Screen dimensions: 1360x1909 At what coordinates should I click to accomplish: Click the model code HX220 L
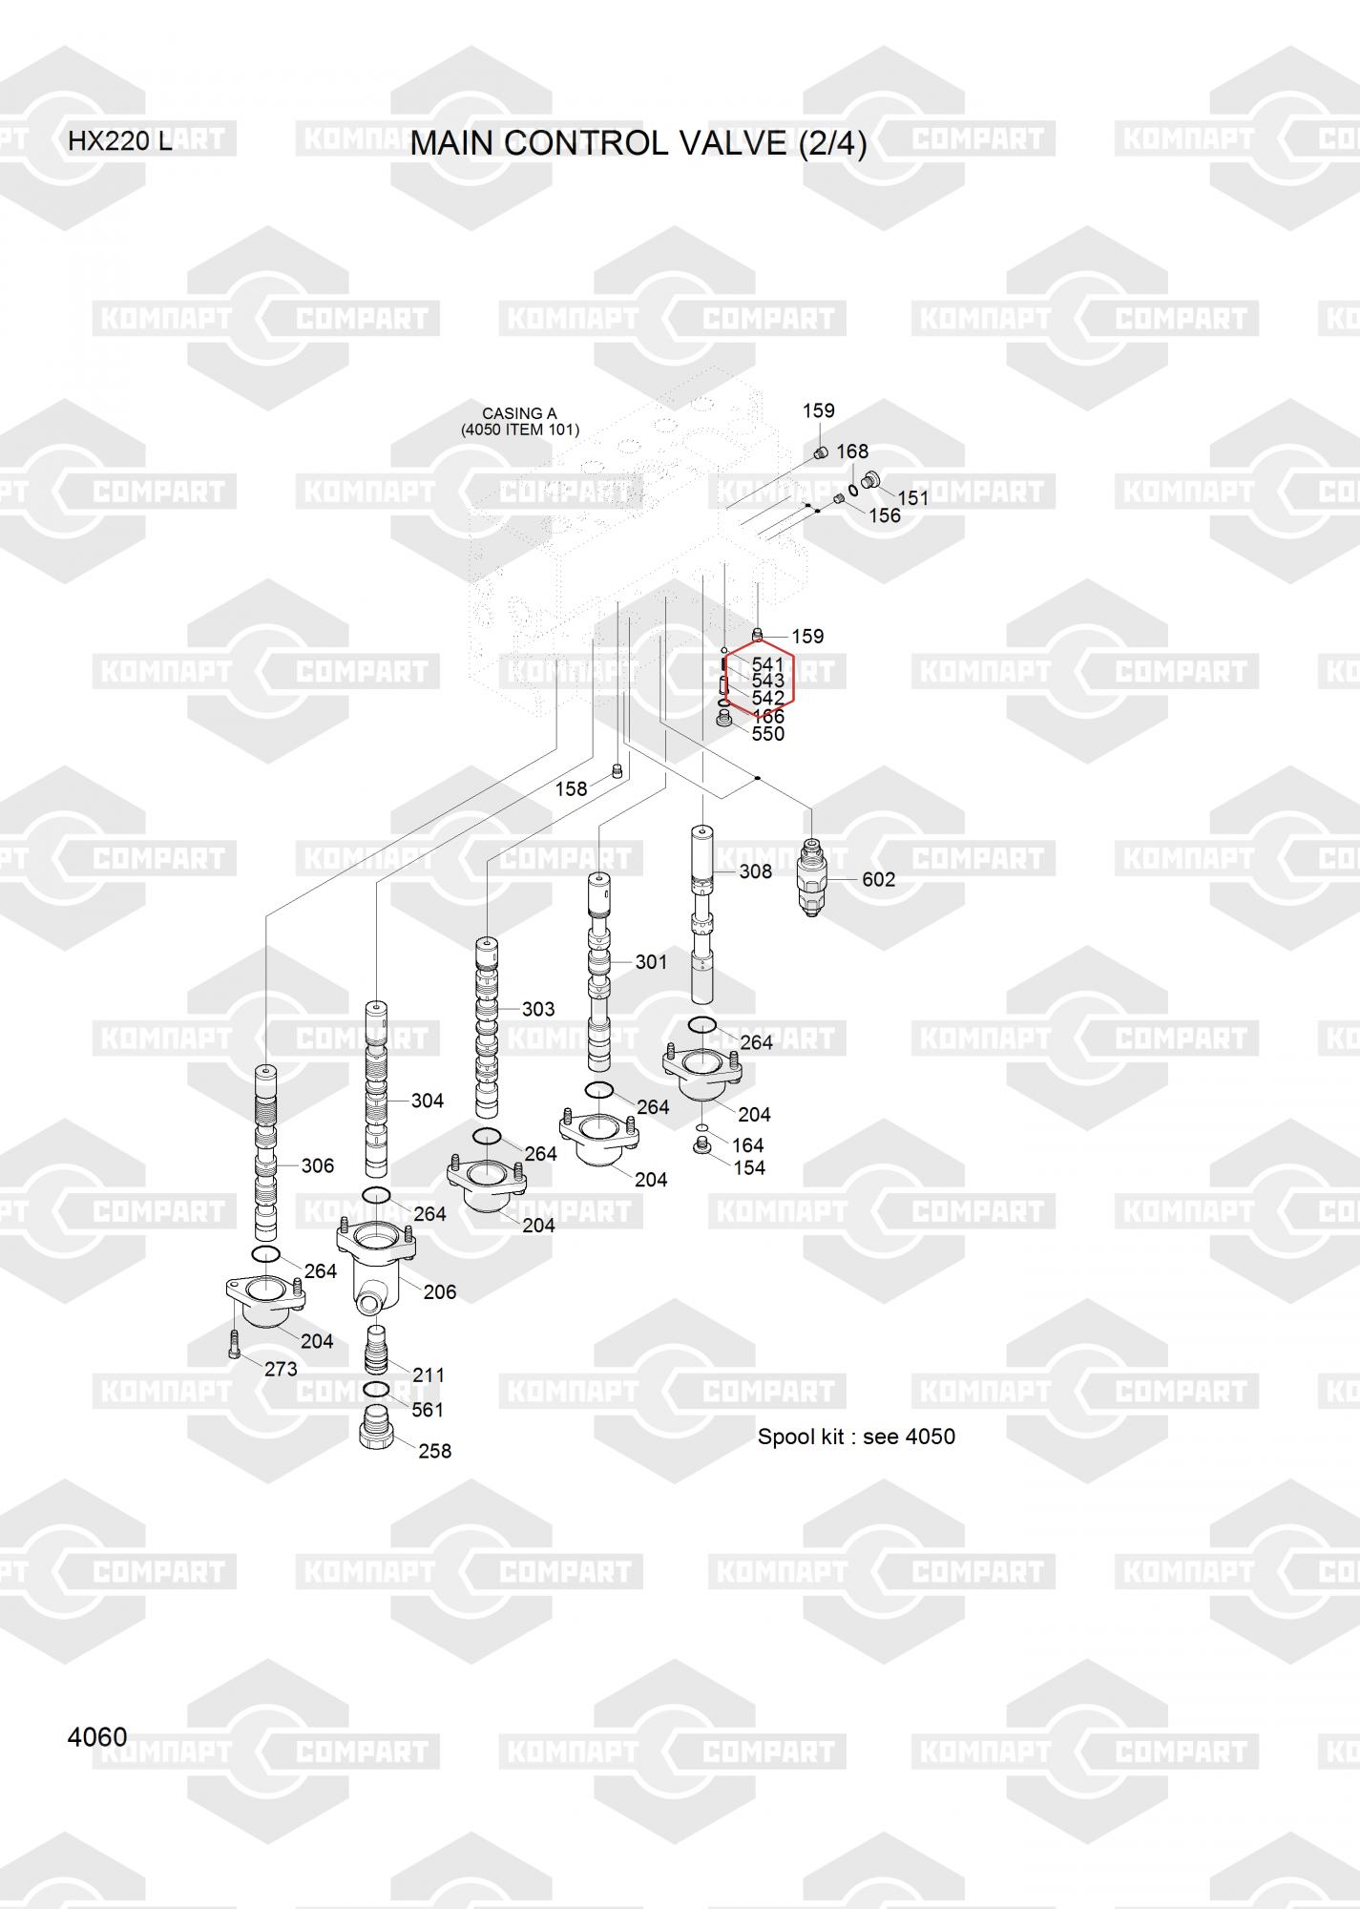(x=120, y=141)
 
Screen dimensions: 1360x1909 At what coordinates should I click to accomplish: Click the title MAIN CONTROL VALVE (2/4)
(x=638, y=143)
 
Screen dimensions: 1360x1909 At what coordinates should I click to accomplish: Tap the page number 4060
(x=97, y=1737)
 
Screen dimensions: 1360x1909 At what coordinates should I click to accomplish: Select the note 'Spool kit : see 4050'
(x=856, y=1437)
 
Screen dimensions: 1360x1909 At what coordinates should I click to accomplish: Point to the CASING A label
(x=519, y=413)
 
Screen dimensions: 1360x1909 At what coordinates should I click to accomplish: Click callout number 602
(x=878, y=879)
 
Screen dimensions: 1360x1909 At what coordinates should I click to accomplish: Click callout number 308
(x=756, y=871)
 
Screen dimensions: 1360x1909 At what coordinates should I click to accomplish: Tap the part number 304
(x=427, y=1101)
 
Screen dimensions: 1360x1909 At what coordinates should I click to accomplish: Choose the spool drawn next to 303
(x=487, y=1028)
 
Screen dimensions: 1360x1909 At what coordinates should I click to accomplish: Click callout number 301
(x=651, y=962)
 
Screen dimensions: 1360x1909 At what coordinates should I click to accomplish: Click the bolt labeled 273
(x=235, y=1344)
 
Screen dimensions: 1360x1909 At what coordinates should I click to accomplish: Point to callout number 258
(x=434, y=1451)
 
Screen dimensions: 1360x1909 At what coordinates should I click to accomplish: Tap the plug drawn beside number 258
(x=376, y=1427)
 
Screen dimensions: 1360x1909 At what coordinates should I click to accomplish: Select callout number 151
(x=912, y=498)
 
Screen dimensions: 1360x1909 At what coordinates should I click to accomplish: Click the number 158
(x=571, y=789)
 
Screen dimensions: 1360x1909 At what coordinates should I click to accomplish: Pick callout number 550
(x=767, y=733)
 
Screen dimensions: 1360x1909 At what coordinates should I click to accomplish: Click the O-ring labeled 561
(x=376, y=1389)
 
